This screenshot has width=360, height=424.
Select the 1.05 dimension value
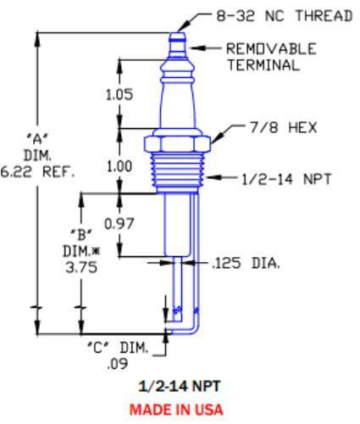click(x=119, y=95)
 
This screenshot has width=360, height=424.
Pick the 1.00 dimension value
click(x=119, y=167)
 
